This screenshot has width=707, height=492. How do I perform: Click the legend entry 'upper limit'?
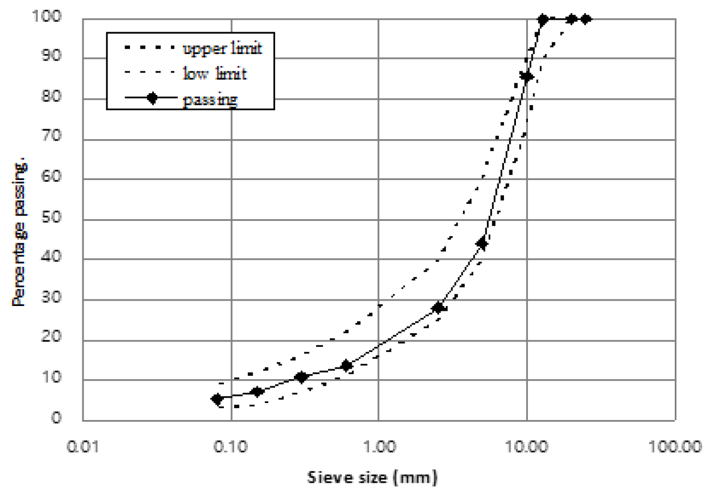click(x=222, y=49)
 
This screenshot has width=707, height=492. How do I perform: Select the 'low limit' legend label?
click(x=215, y=73)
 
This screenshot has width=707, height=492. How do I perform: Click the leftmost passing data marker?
click(x=217, y=399)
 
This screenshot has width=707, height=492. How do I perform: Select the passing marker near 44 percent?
click(x=482, y=243)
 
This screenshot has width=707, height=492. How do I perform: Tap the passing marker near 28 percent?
click(x=437, y=308)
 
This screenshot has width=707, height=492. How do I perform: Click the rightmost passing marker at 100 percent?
click(x=586, y=19)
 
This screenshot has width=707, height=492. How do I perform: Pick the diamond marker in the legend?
click(x=152, y=98)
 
